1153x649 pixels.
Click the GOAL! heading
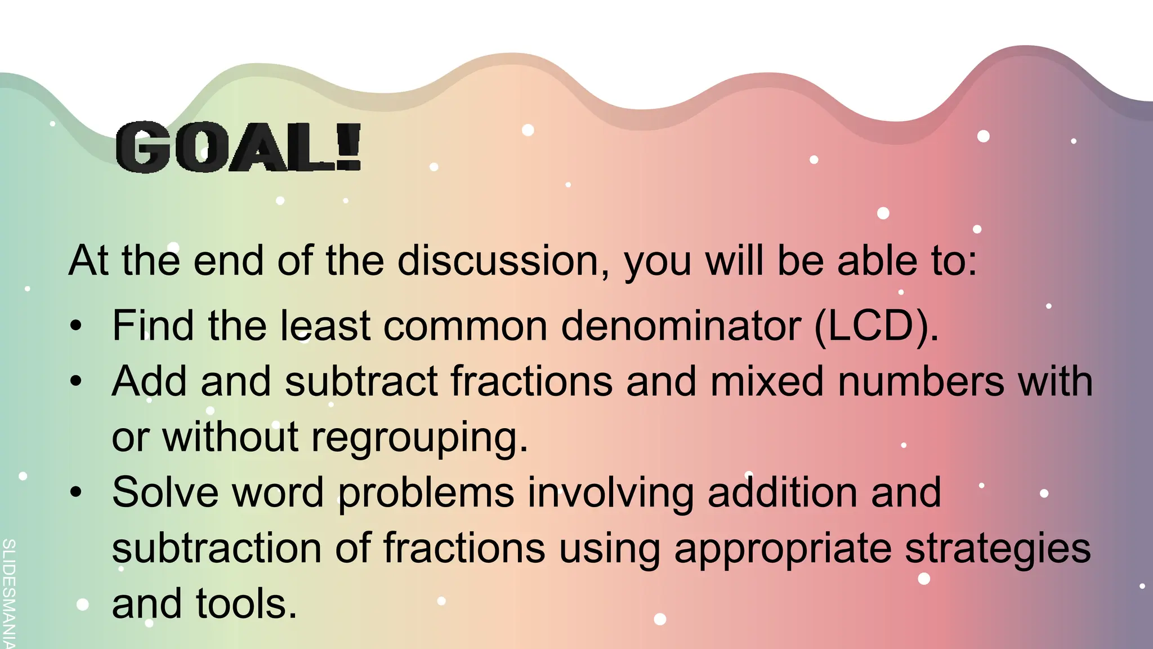tap(238, 148)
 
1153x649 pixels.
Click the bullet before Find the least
tap(77, 327)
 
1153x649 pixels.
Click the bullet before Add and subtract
tap(77, 382)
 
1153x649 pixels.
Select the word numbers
tap(921, 381)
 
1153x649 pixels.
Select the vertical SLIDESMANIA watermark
tap(8, 592)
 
